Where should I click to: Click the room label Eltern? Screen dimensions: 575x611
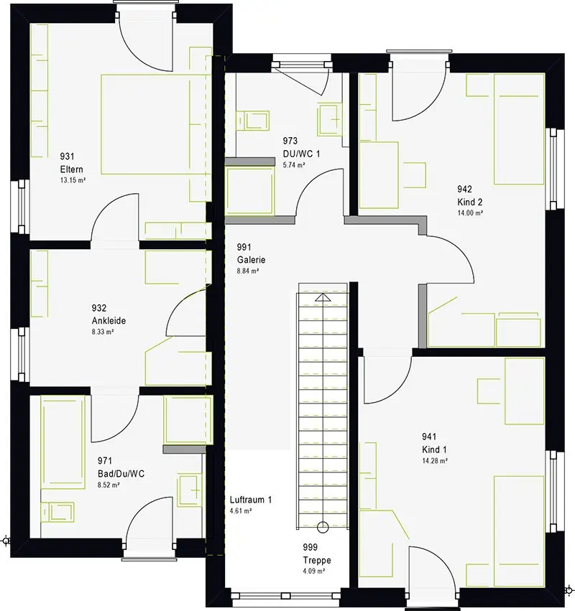point(71,169)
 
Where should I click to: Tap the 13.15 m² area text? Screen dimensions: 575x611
point(73,180)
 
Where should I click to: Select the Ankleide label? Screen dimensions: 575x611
point(109,321)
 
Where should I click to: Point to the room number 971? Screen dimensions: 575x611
point(104,461)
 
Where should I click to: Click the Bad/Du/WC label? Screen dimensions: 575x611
point(121,474)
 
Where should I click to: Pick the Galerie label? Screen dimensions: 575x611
point(252,259)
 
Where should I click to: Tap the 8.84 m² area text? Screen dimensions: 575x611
point(248,271)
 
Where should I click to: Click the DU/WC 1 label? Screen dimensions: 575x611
point(301,154)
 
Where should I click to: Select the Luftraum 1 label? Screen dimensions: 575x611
point(250,500)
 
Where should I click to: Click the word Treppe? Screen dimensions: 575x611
point(317,560)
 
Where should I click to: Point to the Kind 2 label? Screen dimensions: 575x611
point(469,202)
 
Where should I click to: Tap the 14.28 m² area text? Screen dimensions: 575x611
point(435,461)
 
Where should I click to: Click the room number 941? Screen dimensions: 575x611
point(429,437)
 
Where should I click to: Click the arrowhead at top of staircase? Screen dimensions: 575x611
point(323,298)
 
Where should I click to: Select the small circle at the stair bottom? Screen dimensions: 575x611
point(323,527)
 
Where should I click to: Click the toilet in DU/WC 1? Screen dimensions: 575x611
point(252,120)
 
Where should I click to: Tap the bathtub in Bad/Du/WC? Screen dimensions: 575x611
point(63,442)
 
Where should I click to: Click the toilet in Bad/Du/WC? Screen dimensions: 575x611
point(57,512)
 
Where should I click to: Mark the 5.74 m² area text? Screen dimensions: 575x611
point(294,165)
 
